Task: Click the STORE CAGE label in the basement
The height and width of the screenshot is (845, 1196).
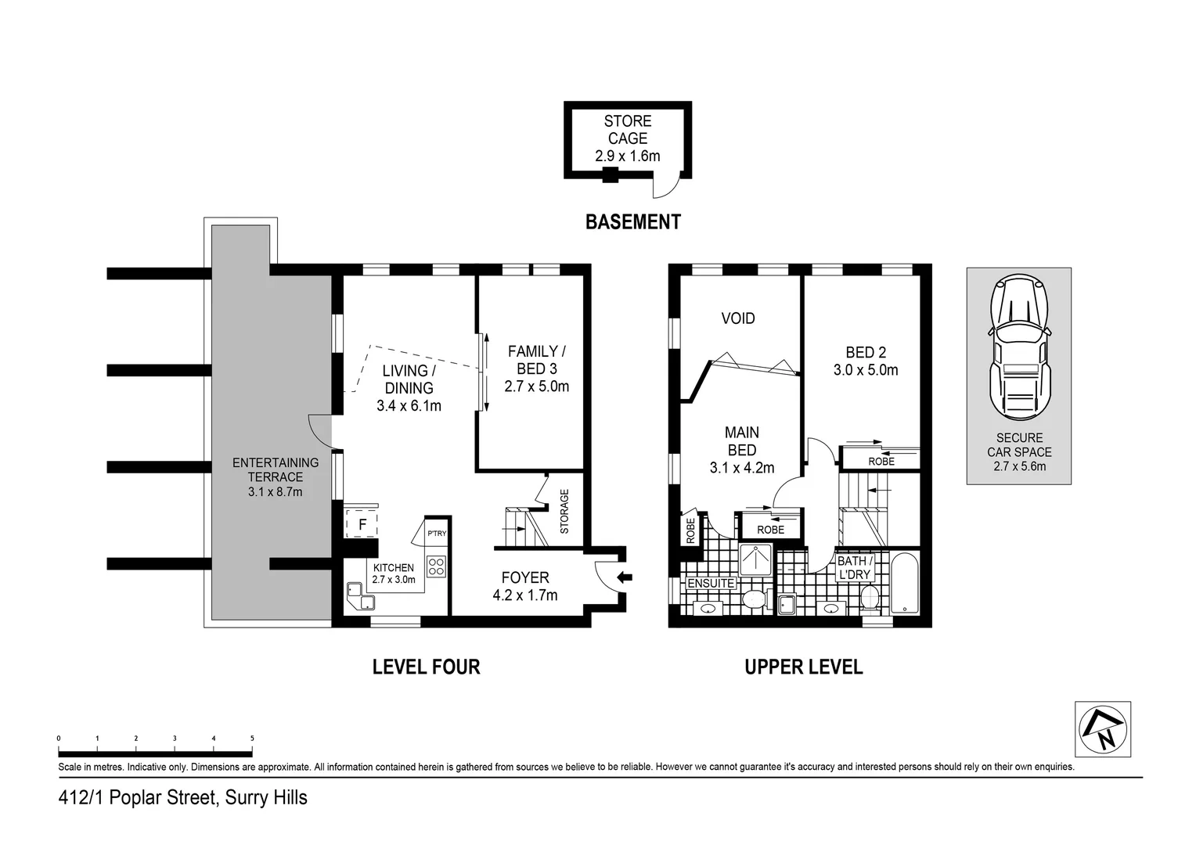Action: (627, 130)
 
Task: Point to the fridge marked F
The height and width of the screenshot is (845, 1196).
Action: (362, 524)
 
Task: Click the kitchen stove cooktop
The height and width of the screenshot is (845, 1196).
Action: (436, 566)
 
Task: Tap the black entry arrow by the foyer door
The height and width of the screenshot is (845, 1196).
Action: (625, 578)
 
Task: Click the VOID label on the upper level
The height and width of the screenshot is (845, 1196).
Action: (737, 318)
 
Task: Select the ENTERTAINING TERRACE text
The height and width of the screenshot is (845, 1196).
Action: (276, 470)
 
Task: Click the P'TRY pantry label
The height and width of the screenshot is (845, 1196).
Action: (437, 534)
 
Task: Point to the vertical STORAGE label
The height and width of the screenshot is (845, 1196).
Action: (564, 511)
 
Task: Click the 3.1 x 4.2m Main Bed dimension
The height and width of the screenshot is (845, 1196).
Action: (741, 468)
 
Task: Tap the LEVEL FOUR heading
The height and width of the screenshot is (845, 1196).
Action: (426, 667)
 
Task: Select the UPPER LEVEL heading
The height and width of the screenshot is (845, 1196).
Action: (803, 667)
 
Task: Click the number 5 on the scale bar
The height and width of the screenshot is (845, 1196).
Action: (252, 738)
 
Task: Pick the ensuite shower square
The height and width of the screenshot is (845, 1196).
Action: (756, 557)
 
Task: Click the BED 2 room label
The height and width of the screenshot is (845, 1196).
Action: (865, 352)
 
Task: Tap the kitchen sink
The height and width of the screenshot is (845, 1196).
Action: (355, 590)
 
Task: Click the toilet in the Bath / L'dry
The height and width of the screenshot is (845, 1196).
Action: (867, 599)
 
